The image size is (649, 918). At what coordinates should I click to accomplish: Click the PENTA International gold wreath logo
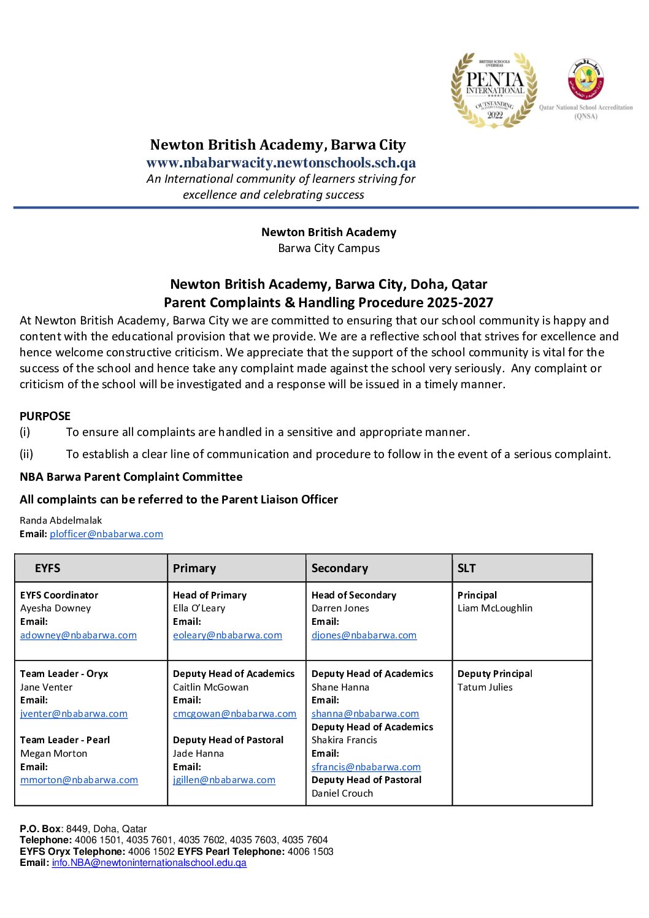point(494,90)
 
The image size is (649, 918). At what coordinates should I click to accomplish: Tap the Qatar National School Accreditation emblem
point(586,80)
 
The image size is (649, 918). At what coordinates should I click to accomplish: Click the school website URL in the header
point(281,163)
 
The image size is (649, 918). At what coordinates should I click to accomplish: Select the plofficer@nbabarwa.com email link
point(106,534)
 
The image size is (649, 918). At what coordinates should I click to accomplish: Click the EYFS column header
point(48,568)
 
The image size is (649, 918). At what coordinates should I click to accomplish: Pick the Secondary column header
point(340,568)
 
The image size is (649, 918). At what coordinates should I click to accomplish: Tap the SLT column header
point(466,568)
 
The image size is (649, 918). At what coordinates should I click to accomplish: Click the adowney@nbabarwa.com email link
point(79,635)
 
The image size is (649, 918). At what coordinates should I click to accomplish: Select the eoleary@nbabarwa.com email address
point(228,635)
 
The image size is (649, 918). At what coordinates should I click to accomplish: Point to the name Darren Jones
point(340,608)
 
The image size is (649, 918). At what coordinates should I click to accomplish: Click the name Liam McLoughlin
point(495,608)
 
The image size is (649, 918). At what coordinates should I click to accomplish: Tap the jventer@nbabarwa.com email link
point(74,714)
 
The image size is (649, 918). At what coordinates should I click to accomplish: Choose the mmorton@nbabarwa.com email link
point(79,780)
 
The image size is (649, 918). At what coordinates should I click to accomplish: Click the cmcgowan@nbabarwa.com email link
point(234,714)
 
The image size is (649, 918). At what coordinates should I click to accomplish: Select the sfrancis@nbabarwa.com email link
point(366,767)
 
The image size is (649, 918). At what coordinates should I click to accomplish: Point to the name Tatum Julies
point(485,687)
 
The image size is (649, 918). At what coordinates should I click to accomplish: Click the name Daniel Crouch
point(342,794)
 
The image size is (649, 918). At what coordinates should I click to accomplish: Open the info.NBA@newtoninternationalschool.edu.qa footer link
point(149,863)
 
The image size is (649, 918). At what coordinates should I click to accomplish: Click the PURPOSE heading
point(45,416)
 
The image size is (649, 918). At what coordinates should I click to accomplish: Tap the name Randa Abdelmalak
point(61,521)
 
